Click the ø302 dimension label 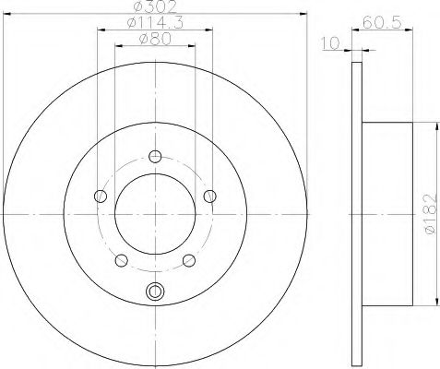pos(155,6)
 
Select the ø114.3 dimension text pos(155,23)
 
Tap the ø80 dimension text pos(155,39)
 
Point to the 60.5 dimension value pos(382,22)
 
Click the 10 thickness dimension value pos(330,43)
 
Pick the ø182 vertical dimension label pos(431,214)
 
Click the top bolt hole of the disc pos(155,157)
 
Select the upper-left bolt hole pos(101,196)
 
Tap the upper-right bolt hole pos(210,196)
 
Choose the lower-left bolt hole pos(122,260)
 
